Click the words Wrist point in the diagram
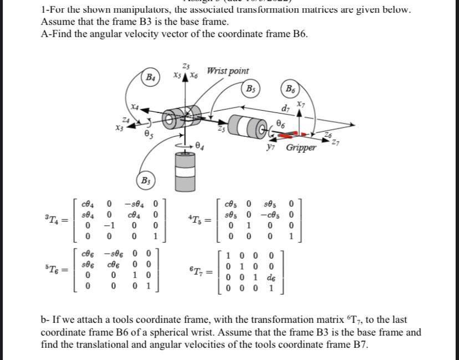pyautogui.click(x=227, y=71)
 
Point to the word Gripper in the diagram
pyautogui.click(x=301, y=148)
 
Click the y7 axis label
pyautogui.click(x=271, y=147)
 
